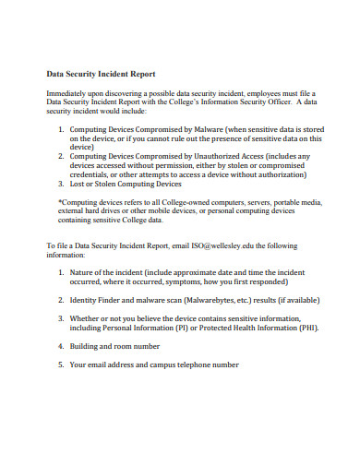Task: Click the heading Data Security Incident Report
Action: pyautogui.click(x=101, y=74)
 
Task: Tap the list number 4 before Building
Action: pyautogui.click(x=61, y=346)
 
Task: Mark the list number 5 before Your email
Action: pyautogui.click(x=61, y=364)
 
